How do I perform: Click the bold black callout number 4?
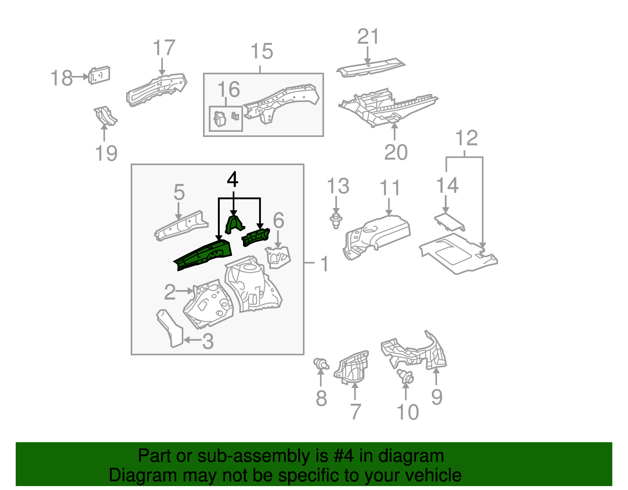tap(232, 180)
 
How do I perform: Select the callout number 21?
tap(368, 37)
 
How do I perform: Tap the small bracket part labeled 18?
tap(99, 75)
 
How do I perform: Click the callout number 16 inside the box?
tap(228, 90)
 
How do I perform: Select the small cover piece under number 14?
tap(450, 222)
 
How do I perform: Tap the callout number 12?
tap(466, 138)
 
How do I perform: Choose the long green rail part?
tap(204, 254)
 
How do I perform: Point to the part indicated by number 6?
tap(278, 257)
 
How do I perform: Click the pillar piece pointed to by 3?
tap(170, 328)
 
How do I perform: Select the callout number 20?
tap(396, 152)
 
